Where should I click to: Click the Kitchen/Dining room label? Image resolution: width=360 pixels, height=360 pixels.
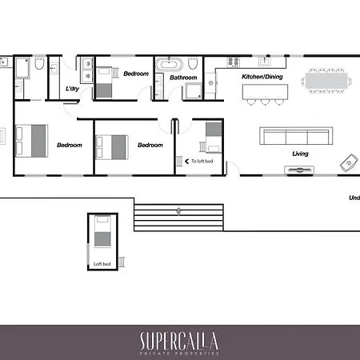click(262, 77)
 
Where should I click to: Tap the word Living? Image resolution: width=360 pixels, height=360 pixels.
click(300, 154)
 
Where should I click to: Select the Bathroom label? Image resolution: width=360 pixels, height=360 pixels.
click(183, 78)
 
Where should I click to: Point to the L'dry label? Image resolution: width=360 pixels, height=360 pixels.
click(72, 89)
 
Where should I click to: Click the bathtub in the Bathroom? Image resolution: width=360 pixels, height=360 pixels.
click(169, 64)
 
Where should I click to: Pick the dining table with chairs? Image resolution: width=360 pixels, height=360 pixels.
click(326, 81)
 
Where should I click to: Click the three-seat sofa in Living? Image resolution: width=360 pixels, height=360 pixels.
click(296, 136)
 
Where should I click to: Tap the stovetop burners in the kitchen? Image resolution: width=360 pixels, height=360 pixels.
click(234, 62)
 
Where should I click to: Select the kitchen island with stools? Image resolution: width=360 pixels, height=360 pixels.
click(265, 94)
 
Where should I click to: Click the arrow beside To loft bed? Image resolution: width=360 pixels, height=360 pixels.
click(186, 162)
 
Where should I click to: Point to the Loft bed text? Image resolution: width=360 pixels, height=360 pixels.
click(102, 264)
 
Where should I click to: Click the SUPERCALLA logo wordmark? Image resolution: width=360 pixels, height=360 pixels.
click(179, 341)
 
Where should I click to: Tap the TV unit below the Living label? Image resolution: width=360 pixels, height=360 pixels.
click(299, 170)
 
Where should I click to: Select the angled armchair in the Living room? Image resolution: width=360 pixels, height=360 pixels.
click(349, 162)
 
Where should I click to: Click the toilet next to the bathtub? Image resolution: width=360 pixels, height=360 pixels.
click(193, 63)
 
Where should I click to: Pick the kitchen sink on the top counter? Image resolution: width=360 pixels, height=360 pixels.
click(265, 62)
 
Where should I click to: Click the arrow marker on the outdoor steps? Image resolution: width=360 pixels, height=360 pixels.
click(178, 211)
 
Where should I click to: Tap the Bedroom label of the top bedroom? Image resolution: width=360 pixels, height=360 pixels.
click(136, 74)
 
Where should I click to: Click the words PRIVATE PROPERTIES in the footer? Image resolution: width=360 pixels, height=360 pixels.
click(179, 354)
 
